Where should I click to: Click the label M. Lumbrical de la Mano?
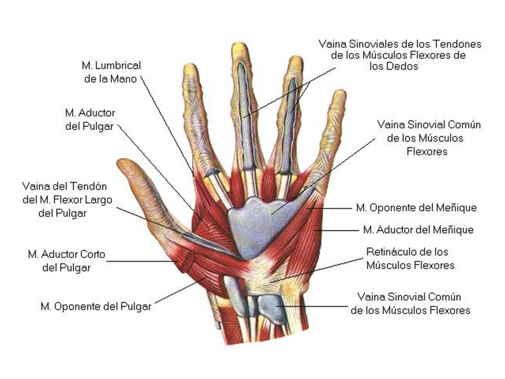pos(111,73)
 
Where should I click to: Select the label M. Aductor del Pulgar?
pos(89,119)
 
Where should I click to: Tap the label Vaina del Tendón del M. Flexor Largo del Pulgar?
pos(65,200)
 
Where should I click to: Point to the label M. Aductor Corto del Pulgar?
pos(66,261)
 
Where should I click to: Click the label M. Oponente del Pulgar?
pos(96,306)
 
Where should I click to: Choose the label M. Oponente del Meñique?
pos(416,208)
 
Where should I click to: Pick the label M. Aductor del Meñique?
pos(418,230)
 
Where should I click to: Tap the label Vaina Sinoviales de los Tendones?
pos(400,44)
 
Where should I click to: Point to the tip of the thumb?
pos(122,163)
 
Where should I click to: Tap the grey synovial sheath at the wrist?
pos(271,308)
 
